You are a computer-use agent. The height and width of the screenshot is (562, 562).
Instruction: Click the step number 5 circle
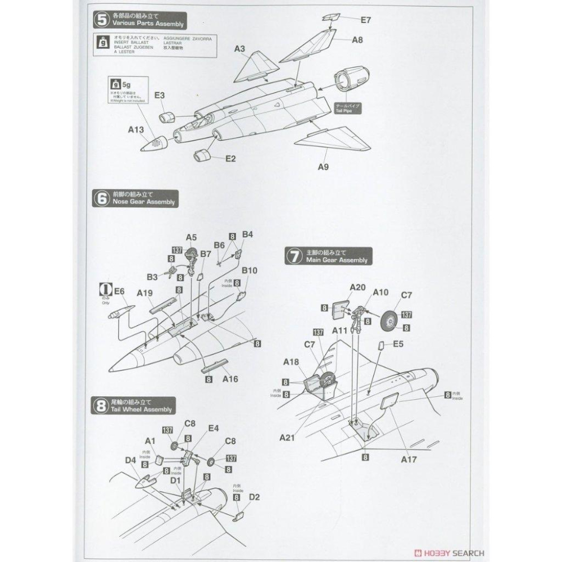coord(101,21)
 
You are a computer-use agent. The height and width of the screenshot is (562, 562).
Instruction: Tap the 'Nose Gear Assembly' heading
coord(143,202)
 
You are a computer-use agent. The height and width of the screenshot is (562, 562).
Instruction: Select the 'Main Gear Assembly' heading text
coord(337,260)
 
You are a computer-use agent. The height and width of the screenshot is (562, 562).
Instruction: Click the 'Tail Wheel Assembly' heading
coord(141,409)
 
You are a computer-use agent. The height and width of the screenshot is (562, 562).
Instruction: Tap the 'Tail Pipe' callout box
coord(350,108)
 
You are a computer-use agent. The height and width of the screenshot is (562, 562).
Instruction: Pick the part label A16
coord(230,379)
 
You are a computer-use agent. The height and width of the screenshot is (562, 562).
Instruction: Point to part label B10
coord(250,271)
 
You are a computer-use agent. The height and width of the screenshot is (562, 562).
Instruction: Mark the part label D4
coord(130,460)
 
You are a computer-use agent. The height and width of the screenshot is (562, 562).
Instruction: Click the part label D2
coord(254,497)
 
